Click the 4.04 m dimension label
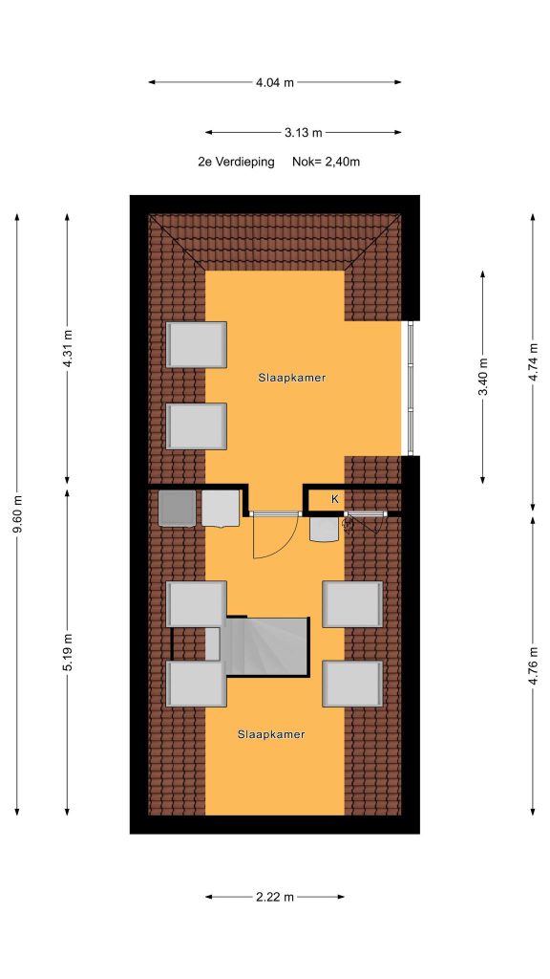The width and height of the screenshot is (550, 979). click(x=274, y=82)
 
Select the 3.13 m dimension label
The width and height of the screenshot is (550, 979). click(x=304, y=132)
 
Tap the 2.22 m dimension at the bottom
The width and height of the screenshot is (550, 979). click(x=274, y=897)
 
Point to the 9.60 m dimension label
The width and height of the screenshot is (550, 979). click(x=17, y=513)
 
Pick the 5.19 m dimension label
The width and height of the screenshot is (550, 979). click(x=68, y=652)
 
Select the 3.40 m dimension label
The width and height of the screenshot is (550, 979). click(x=482, y=377)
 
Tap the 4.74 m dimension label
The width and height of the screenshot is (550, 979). click(x=533, y=362)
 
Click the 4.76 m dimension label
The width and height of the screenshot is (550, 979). click(x=533, y=666)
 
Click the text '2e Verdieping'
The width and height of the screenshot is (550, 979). click(x=237, y=162)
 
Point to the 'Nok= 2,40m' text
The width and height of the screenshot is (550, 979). click(x=327, y=162)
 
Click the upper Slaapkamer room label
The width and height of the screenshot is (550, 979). click(x=292, y=378)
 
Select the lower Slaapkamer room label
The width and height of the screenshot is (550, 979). click(x=271, y=735)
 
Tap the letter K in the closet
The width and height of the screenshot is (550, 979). click(x=335, y=499)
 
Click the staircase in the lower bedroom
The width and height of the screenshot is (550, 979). click(x=267, y=646)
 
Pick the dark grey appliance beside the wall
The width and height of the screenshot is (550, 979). click(x=177, y=508)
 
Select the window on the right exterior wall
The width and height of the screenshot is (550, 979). click(x=410, y=387)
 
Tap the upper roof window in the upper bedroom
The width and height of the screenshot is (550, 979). click(x=197, y=344)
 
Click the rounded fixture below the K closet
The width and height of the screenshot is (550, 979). click(x=325, y=529)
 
